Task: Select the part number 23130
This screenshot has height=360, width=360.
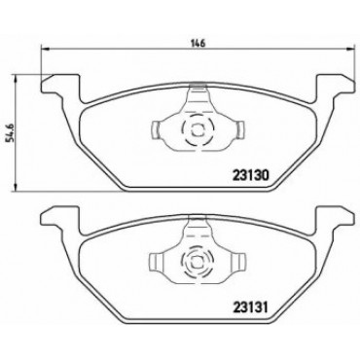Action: pos(250,175)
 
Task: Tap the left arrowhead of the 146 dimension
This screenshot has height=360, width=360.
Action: pos(45,50)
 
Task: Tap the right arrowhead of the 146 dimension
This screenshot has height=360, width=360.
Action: pos(350,50)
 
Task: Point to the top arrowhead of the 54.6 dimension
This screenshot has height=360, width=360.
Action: pos(15,78)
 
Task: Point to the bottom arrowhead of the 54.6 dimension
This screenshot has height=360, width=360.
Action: pos(15,188)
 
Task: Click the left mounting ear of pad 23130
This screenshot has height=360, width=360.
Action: pos(60,85)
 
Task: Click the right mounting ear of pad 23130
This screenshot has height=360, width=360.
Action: pos(335,85)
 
